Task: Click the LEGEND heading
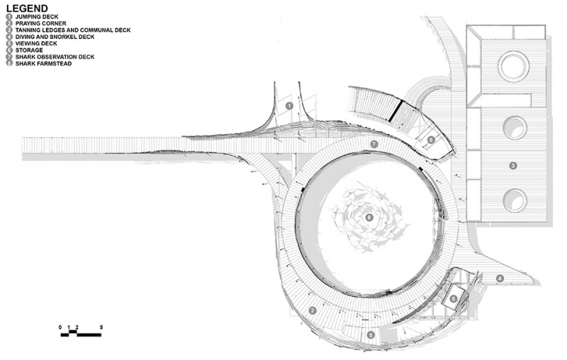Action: coord(27,9)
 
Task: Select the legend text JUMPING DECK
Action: coord(37,16)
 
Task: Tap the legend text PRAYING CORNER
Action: coord(41,23)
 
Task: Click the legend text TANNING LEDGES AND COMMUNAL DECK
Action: coord(73,30)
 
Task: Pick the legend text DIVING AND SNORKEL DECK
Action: coord(55,37)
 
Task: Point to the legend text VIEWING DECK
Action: coord(36,43)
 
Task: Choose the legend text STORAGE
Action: coord(29,50)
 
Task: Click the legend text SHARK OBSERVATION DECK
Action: coord(55,57)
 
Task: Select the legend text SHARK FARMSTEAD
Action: coord(43,64)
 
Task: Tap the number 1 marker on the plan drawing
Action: coord(289,106)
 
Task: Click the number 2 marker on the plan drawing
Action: coord(313,310)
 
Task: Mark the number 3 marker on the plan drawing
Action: coord(512,166)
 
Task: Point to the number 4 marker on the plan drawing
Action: coord(500,279)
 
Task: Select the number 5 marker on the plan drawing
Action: coord(371,335)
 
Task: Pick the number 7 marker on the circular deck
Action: coord(374,145)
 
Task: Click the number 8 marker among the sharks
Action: coord(369,218)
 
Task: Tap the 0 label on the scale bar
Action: coord(60,327)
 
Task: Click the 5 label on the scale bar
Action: coord(101,327)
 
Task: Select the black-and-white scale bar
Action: coord(81,334)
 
